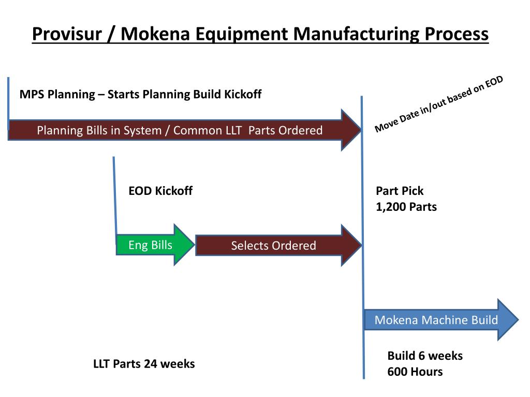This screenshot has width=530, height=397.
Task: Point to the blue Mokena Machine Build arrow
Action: point(436,320)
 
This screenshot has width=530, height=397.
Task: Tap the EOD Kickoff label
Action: point(160,191)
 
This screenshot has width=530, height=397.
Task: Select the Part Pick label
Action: point(400,191)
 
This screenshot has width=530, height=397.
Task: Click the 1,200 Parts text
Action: point(406,207)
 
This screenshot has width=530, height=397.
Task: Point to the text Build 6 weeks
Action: point(425,356)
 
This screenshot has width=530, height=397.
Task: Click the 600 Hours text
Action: point(415,371)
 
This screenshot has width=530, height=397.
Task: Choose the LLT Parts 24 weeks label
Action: point(144,363)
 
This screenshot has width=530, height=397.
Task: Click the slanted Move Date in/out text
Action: point(438,104)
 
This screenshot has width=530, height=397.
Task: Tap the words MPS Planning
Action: point(57,94)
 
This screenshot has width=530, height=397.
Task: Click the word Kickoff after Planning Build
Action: point(243,94)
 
